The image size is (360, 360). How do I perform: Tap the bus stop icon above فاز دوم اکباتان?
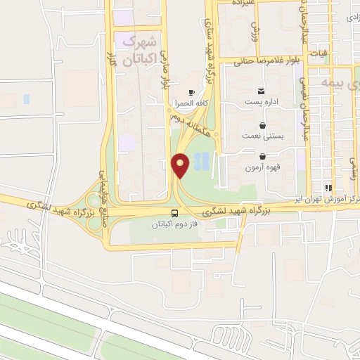pyautogui.click(x=174, y=213)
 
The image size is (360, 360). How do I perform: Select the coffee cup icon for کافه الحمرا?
pyautogui.click(x=191, y=93)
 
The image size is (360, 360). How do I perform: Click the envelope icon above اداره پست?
pyautogui.click(x=262, y=91)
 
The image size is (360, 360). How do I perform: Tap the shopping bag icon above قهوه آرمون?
pyautogui.click(x=262, y=156)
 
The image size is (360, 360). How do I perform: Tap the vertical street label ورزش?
pyautogui.click(x=256, y=30)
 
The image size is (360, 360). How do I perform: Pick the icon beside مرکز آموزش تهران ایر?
pyautogui.click(x=327, y=188)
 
